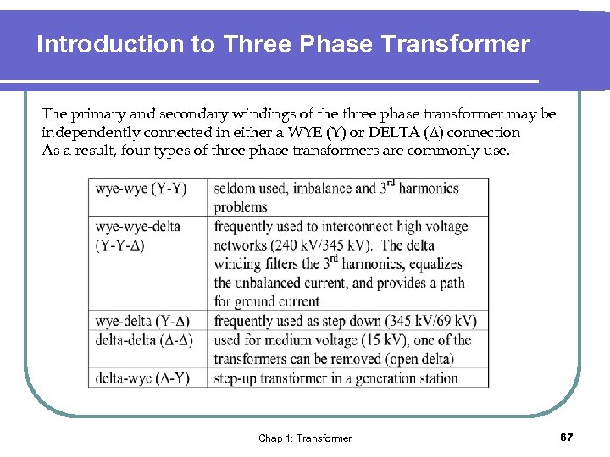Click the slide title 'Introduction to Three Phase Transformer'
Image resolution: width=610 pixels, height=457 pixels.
(x=283, y=44)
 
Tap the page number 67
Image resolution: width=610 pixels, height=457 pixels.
(x=567, y=437)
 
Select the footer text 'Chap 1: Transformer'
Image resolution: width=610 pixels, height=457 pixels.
(x=305, y=438)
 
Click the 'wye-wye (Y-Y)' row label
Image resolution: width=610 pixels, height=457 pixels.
(x=141, y=188)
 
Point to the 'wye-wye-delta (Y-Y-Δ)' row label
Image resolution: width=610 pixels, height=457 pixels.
(x=138, y=235)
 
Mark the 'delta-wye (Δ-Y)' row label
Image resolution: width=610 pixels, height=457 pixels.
(x=141, y=377)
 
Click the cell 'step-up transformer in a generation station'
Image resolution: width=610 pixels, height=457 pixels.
(x=335, y=377)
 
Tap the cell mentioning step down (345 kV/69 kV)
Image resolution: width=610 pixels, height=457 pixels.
(x=345, y=321)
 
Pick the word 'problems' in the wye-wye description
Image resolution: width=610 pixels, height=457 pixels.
(x=241, y=206)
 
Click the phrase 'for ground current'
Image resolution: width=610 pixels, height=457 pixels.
(x=266, y=301)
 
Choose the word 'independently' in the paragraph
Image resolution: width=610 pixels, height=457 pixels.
(x=82, y=132)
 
